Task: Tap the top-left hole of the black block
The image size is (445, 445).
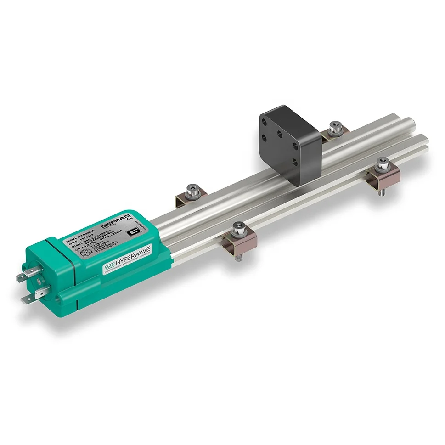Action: (x=265, y=118)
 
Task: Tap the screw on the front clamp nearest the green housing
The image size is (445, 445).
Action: (x=239, y=226)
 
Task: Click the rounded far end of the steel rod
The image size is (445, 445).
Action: (x=414, y=123)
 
